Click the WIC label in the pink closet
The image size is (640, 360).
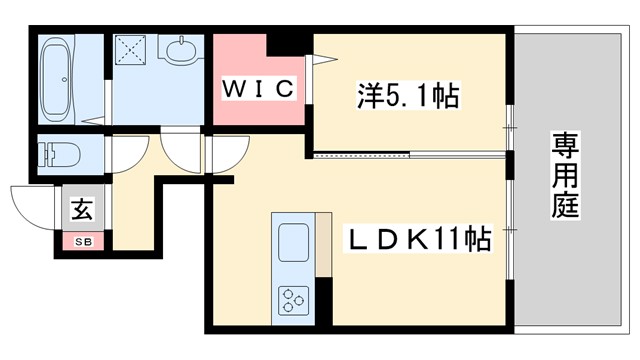point(257,89)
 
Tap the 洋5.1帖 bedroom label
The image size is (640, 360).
point(407,97)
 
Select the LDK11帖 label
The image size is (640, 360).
point(417,240)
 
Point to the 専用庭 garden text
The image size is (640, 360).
point(565,180)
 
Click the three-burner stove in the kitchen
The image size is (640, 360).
point(293,299)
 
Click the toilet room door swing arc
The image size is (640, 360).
point(124,151)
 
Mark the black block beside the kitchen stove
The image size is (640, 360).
point(323,301)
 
